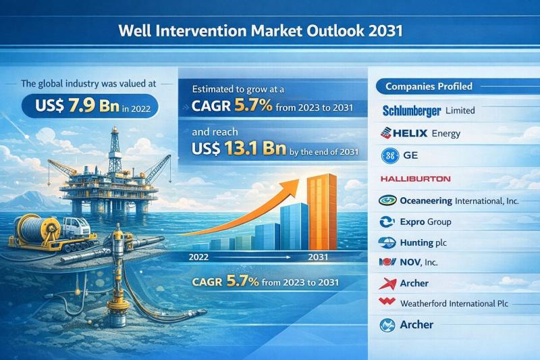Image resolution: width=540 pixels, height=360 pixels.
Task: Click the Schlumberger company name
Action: click(x=412, y=111)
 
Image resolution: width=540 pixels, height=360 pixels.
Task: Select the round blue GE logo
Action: click(x=390, y=156)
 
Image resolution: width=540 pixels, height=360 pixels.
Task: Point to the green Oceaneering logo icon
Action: click(x=387, y=200)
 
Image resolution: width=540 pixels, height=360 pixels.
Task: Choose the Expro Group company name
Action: click(x=425, y=222)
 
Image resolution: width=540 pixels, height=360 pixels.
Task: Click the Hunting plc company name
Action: click(x=423, y=243)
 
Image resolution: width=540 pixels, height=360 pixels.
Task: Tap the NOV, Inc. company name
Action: click(x=418, y=263)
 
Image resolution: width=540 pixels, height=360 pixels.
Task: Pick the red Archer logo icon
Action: click(x=387, y=283)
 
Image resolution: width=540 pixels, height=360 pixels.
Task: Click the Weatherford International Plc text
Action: click(x=454, y=303)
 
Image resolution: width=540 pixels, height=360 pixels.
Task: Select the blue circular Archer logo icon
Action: click(x=387, y=325)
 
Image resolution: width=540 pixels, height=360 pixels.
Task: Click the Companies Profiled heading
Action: click(x=429, y=86)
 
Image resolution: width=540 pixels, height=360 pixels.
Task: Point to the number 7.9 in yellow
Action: click(x=81, y=106)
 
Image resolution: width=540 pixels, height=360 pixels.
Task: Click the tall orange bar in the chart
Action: click(x=322, y=212)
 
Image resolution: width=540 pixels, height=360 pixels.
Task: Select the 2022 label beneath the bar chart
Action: click(x=198, y=257)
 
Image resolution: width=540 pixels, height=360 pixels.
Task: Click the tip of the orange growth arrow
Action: click(x=299, y=180)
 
